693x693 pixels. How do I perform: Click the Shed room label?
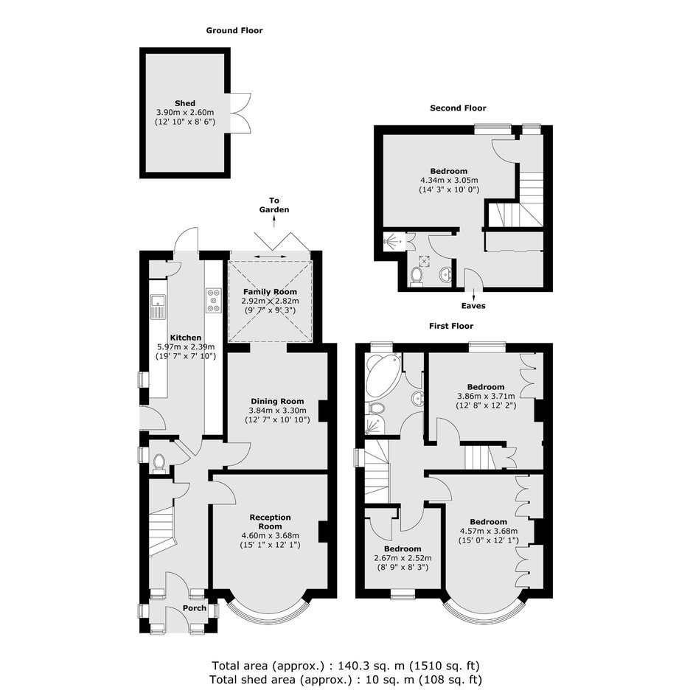pyautogui.click(x=185, y=103)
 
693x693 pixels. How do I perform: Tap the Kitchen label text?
pyautogui.click(x=186, y=338)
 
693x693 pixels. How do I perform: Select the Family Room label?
pyautogui.click(x=270, y=292)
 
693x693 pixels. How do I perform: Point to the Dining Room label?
pyautogui.click(x=277, y=401)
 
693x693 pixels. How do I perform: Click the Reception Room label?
pyautogui.click(x=270, y=522)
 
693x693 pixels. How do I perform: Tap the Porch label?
pyautogui.click(x=195, y=608)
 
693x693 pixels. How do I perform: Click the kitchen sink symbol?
pyautogui.click(x=157, y=306)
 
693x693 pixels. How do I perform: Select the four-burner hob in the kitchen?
pyautogui.click(x=214, y=301)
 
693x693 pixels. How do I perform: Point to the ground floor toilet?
pyautogui.click(x=159, y=463)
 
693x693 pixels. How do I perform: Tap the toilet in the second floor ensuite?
pyautogui.click(x=416, y=276)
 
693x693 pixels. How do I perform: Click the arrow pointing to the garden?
pyautogui.click(x=274, y=223)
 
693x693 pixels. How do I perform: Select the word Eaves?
pyautogui.click(x=473, y=306)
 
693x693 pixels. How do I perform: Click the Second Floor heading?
pyautogui.click(x=458, y=108)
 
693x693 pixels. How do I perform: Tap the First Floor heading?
pyautogui.click(x=451, y=326)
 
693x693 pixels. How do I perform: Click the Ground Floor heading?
pyautogui.click(x=234, y=30)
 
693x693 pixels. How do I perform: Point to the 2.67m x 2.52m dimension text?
pyautogui.click(x=403, y=558)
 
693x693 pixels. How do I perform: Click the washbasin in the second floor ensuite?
pyautogui.click(x=445, y=275)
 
